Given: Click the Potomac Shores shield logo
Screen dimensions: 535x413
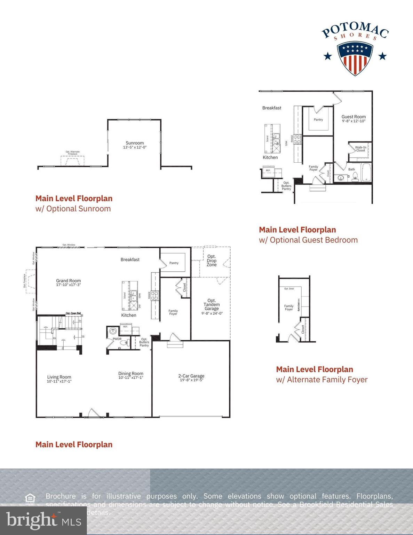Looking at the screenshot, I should [x=355, y=58].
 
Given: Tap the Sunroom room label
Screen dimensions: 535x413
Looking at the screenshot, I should [x=135, y=143].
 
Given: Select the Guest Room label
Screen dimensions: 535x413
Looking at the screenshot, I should [x=354, y=117].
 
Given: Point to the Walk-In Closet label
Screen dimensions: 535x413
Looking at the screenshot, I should [x=360, y=149].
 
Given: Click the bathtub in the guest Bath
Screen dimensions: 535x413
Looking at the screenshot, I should [x=366, y=172].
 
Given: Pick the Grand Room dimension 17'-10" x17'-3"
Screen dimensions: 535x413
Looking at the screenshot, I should [x=69, y=285].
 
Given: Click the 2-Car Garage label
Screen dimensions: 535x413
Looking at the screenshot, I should [x=191, y=376].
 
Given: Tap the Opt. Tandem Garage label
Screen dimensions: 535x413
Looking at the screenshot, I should [x=212, y=304].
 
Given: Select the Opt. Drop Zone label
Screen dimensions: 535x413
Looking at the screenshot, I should [x=212, y=261].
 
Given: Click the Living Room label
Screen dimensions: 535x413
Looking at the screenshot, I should [x=59, y=377].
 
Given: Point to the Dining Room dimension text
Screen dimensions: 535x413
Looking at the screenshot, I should [x=131, y=378].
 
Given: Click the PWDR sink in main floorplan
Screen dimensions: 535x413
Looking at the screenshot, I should [x=113, y=331].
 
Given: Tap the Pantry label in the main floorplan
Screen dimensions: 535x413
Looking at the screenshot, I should [x=174, y=263].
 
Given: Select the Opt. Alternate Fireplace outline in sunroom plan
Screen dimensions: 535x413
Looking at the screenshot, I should [x=72, y=160].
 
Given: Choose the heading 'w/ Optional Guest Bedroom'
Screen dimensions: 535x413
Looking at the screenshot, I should [x=308, y=240].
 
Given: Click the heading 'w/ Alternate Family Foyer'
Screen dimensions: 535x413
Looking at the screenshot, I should [x=321, y=380].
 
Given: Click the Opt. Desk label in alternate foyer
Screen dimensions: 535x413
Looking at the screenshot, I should [x=289, y=289].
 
